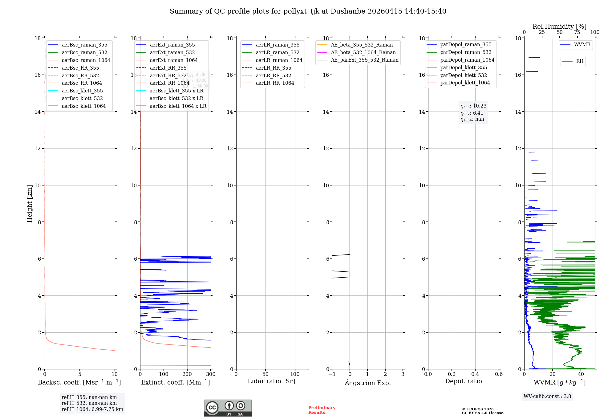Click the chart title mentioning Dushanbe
coord(308,11)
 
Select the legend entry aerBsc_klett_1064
coord(83,106)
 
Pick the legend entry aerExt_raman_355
coord(172,45)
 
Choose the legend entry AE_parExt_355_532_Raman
coord(364,60)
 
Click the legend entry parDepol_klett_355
coord(464,68)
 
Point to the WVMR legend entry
coord(582,45)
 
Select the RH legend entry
coord(580,61)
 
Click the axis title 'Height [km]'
coord(30,204)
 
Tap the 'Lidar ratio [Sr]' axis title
coord(271,381)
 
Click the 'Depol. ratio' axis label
coord(463,381)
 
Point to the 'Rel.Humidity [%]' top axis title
coord(559,26)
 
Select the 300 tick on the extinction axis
coord(211,374)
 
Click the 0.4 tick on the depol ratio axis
coord(475,374)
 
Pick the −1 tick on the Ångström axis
coord(332,374)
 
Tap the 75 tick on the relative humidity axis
coord(577,32)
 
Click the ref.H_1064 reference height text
coord(92,409)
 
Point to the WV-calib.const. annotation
coord(547,397)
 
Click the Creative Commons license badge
coord(228,408)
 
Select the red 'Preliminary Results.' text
coord(322,410)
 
